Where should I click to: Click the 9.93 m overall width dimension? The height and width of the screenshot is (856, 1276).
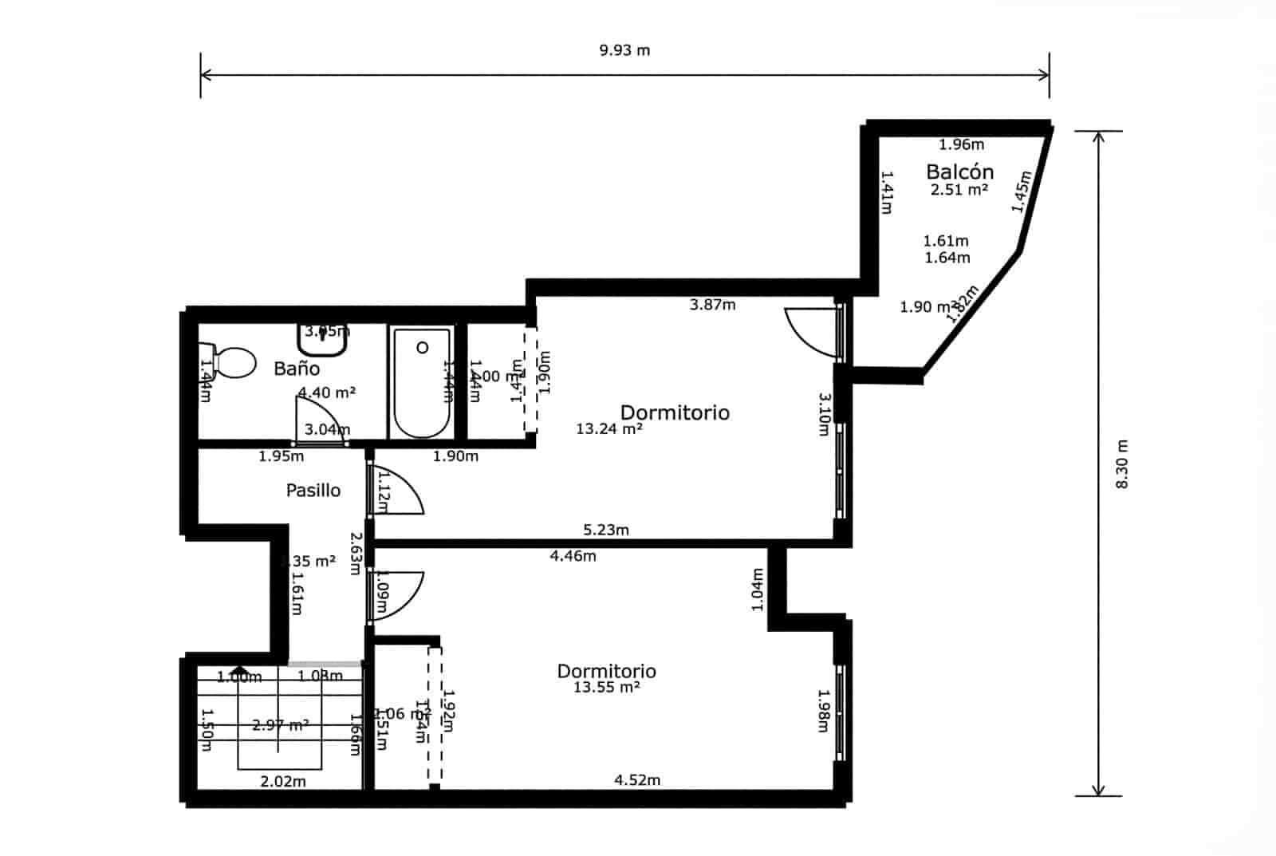pos(624,50)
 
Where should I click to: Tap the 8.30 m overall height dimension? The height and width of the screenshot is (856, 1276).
pos(1122,464)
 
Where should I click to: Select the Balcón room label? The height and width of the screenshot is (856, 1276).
pos(959,172)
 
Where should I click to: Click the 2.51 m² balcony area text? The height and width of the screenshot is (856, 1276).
pos(959,190)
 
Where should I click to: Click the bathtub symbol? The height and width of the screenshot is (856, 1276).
pos(421,383)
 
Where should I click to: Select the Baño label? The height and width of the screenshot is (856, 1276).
pos(297,369)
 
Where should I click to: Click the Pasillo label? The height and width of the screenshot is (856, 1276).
pos(313,491)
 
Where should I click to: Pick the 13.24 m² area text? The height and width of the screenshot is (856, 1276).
pos(609,429)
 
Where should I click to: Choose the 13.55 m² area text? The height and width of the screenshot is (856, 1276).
pos(606,687)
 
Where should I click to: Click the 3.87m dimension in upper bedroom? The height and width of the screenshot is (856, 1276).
pos(712,305)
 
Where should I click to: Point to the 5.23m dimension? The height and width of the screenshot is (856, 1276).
pos(606,530)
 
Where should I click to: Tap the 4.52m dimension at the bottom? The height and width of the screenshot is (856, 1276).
pos(637,780)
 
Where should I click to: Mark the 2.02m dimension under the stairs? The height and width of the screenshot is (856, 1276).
pos(283,782)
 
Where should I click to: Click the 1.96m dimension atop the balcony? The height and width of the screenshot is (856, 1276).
pos(961,144)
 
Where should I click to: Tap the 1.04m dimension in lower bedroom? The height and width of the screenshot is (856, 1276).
pos(758,590)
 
